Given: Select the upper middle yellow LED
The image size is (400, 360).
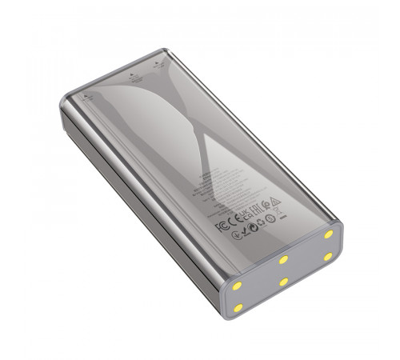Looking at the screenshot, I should click(283, 259).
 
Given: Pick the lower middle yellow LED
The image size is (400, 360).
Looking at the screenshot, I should click(283, 282).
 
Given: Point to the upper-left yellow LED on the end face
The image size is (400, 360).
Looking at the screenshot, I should click(240, 286).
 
